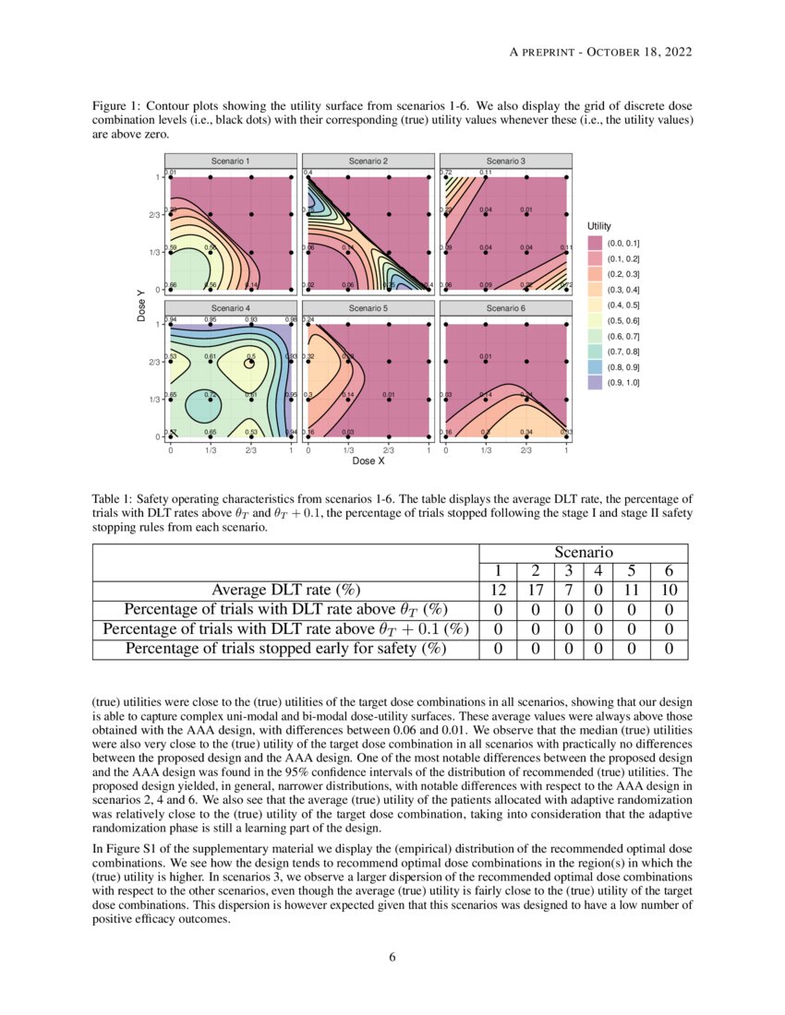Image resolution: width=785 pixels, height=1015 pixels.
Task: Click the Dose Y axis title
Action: pyautogui.click(x=140, y=305)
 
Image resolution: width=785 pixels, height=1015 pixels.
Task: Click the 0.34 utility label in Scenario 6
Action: pyautogui.click(x=527, y=431)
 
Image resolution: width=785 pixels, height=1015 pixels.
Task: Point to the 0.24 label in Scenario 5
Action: pyautogui.click(x=309, y=320)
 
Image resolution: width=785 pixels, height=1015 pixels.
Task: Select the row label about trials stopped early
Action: pyautogui.click(x=285, y=648)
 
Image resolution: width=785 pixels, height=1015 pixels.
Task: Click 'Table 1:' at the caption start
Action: pyautogui.click(x=115, y=499)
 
